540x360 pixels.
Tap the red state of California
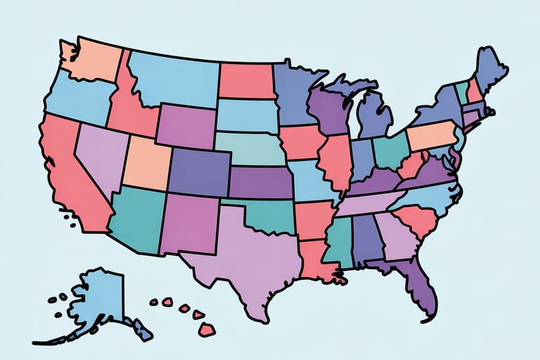coord(67,169)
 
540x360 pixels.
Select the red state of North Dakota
coord(245,81)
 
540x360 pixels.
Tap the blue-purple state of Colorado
coord(197,172)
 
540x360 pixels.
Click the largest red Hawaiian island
coord(207,328)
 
